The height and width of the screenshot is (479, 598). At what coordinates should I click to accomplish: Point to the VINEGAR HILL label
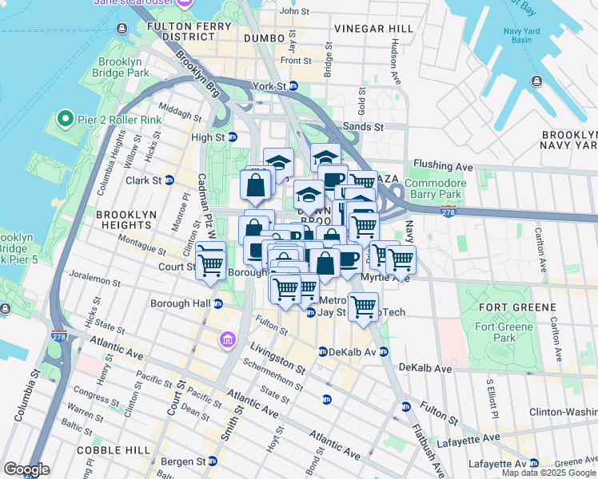[x=374, y=29]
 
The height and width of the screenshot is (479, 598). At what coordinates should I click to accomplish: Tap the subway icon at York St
[x=293, y=85]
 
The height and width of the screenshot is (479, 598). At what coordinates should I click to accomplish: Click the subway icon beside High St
[x=233, y=137]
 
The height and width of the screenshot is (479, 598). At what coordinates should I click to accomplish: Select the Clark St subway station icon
[x=169, y=180]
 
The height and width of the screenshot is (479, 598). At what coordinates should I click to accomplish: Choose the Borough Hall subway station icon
[x=217, y=303]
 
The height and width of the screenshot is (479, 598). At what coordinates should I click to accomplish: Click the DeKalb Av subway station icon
[x=322, y=351]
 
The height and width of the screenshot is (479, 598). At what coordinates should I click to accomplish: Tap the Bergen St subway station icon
[x=212, y=461]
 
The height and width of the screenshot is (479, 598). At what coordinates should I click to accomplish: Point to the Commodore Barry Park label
[x=435, y=188]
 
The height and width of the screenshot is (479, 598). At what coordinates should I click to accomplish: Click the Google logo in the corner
[x=26, y=469]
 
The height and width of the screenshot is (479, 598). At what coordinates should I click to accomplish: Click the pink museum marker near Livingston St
[x=228, y=341]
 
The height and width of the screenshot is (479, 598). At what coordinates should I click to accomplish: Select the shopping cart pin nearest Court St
[x=211, y=261]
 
